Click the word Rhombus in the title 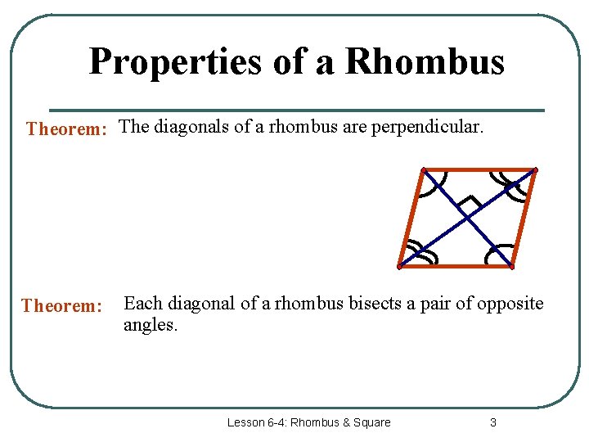425,62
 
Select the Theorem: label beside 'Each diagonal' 62,306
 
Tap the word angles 150,325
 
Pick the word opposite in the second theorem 511,304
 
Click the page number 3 492,422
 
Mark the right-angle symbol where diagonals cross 469,202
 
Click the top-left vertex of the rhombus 423,170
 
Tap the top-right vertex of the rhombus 534,170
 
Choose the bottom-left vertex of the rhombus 399,267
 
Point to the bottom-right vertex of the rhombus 510,267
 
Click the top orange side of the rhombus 479,170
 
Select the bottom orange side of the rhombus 455,267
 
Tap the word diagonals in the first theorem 190,128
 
